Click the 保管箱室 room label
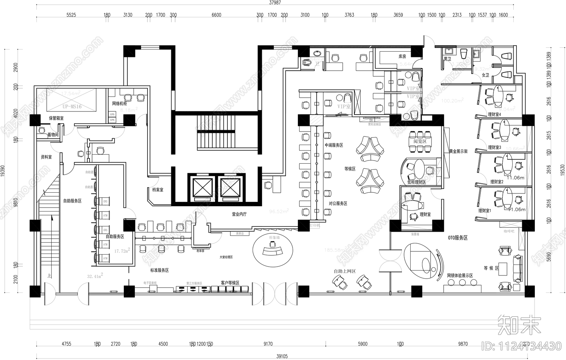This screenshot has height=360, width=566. [56, 118]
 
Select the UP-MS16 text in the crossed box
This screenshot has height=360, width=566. [72, 106]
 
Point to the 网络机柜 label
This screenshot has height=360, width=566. [119, 104]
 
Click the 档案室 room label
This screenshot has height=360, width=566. [158, 190]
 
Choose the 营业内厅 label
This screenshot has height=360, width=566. [239, 214]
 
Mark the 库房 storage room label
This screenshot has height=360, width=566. [402, 56]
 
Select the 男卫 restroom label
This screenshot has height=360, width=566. [447, 59]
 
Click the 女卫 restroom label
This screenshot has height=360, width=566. [485, 75]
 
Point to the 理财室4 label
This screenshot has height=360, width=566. [494, 114]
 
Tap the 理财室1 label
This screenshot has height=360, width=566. [485, 211]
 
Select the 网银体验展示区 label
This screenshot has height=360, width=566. [460, 275]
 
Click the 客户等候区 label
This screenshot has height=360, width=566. [230, 283]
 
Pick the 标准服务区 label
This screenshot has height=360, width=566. [159, 270]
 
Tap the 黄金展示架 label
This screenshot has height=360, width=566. [458, 151]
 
